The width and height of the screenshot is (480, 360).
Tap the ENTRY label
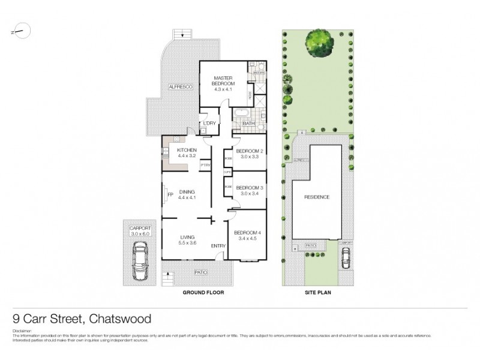pyautogui.click(x=217, y=246)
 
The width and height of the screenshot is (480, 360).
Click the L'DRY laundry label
pyautogui.click(x=209, y=124)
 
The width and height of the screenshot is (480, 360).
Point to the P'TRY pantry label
pyautogui.click(x=205, y=165)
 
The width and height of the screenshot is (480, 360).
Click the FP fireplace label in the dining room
pyautogui.click(x=171, y=194)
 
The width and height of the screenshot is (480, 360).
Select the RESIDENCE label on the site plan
pyautogui.click(x=317, y=196)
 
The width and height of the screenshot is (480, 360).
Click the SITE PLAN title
pyautogui.click(x=316, y=293)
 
